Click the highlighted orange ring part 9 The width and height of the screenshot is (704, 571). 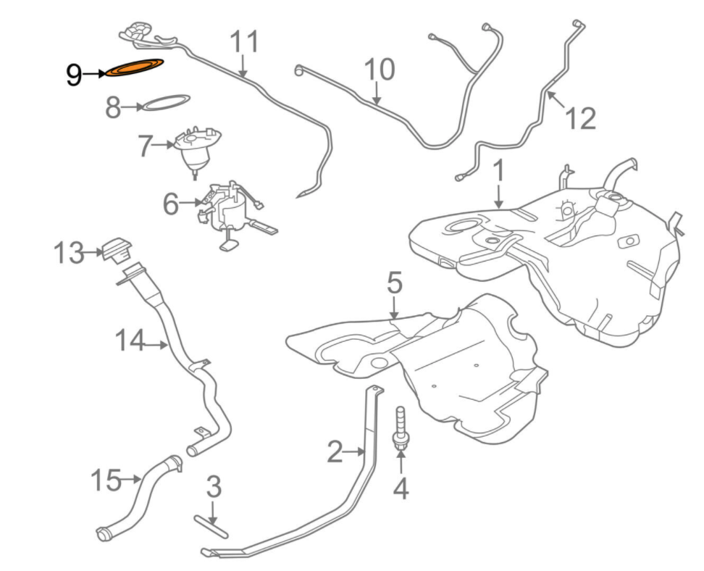(x=134, y=67)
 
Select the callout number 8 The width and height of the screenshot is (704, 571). (x=113, y=108)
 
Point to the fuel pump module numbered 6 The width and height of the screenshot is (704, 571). (x=230, y=212)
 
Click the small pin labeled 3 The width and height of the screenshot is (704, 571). (x=211, y=525)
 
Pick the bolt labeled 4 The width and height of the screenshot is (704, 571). (x=400, y=429)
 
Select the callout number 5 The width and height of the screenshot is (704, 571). (x=393, y=283)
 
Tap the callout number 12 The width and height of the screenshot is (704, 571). (x=580, y=117)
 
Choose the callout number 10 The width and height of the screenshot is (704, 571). (x=380, y=70)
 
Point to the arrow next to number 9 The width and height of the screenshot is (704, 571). (x=94, y=73)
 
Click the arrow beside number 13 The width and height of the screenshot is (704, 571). (x=93, y=253)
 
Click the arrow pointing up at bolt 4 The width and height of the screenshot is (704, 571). (x=400, y=464)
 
